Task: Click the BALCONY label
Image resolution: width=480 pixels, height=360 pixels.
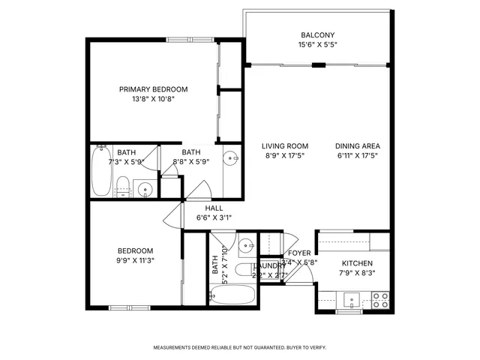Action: point(317,35)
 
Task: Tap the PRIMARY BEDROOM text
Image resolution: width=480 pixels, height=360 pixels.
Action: point(153,89)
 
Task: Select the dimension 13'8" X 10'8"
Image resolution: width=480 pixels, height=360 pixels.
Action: point(153,99)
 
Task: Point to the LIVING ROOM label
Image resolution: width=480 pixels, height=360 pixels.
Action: point(285,146)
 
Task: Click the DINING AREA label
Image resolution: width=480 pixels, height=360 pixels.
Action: point(358,146)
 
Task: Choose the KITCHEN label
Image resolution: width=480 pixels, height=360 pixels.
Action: point(358,264)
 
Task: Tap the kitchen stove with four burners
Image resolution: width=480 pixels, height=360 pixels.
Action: point(379,300)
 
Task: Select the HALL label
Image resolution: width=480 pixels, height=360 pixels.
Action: point(214,208)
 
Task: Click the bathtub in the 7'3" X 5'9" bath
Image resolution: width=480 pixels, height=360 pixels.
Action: point(101,171)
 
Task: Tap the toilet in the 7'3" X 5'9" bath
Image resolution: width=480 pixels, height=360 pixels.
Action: point(123,185)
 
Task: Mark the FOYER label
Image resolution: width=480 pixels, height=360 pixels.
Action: point(299,253)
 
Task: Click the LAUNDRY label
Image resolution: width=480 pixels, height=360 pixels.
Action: point(268,265)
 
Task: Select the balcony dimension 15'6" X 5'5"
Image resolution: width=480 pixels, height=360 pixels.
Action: point(317,45)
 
